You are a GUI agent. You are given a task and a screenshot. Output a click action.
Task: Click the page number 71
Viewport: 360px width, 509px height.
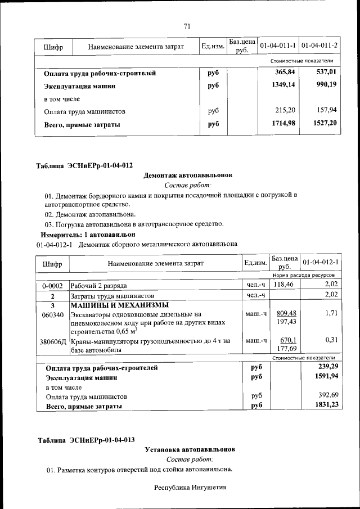(187, 25)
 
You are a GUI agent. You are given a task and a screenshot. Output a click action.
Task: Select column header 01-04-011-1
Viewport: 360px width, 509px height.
(278, 45)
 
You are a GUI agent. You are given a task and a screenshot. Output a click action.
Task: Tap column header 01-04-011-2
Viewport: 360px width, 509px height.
(319, 45)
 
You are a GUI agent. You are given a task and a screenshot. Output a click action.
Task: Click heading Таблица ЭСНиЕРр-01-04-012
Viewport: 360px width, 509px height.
(84, 165)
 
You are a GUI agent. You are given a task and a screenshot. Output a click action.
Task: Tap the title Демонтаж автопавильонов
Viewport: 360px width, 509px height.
(188, 175)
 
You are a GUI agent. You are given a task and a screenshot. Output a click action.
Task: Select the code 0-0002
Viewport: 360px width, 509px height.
(52, 286)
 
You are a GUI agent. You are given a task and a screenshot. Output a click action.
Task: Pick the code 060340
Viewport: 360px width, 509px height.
(52, 314)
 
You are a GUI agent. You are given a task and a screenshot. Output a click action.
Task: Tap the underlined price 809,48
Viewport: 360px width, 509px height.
(283, 313)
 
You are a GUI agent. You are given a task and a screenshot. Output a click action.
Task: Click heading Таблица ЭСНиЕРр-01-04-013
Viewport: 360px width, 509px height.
(85, 440)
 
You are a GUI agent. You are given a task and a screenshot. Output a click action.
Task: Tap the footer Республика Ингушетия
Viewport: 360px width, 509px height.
(190, 487)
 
